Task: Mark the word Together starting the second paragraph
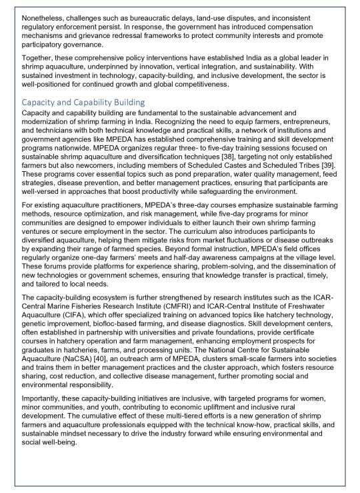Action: (x=39, y=58)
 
